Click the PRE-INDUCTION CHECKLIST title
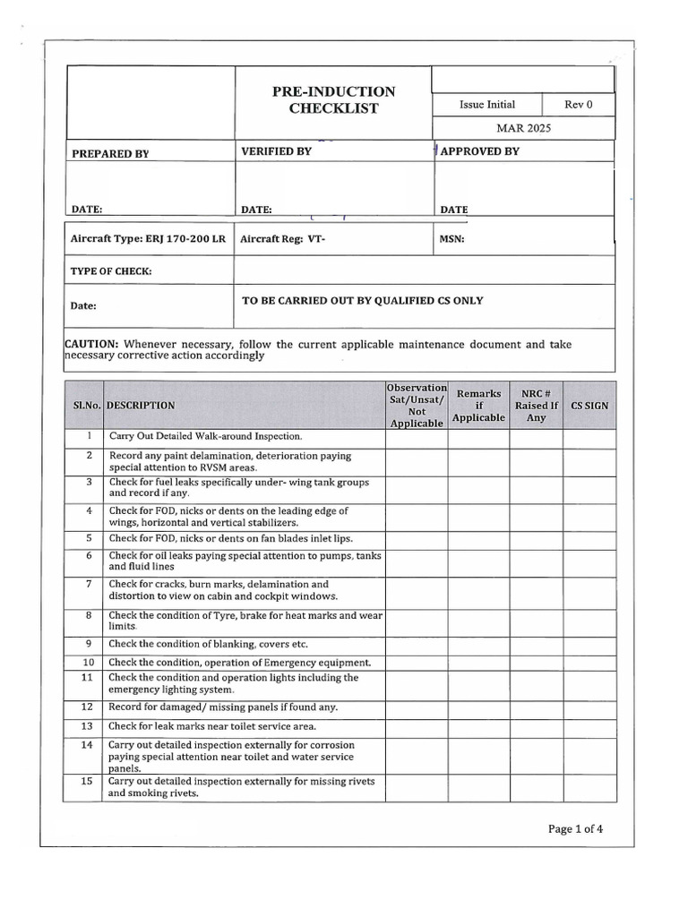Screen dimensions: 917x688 point(332,100)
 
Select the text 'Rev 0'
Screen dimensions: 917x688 point(578,105)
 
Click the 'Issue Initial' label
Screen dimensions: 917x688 point(487,105)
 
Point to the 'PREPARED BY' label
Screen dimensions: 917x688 point(110,154)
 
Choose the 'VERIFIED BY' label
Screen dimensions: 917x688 point(277,151)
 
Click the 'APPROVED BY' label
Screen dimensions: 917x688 point(479,151)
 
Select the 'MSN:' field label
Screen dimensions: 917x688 point(451,239)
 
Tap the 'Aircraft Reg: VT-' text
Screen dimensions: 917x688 point(280,239)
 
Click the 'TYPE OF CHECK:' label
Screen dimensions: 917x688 point(111,270)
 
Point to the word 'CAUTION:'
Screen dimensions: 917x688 point(92,344)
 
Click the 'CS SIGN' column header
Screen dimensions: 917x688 point(589,405)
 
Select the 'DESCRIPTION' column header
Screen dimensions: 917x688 point(141,405)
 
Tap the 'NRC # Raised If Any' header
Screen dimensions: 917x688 point(536,405)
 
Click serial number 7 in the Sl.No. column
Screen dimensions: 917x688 point(89,584)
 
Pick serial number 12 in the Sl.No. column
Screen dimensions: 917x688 point(88,707)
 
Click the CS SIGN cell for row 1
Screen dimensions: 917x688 point(589,437)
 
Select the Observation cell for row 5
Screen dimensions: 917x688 point(417,538)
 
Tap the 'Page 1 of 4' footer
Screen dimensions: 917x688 point(575,828)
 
